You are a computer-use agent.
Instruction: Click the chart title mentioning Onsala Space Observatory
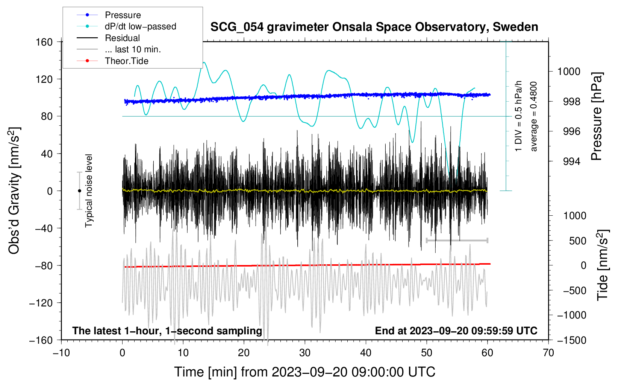click(x=374, y=27)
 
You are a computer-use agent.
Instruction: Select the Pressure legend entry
click(x=123, y=15)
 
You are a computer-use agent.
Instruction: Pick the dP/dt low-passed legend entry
click(x=140, y=26)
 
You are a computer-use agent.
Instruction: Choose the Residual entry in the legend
click(x=122, y=38)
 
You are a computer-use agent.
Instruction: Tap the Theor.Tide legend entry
click(x=126, y=61)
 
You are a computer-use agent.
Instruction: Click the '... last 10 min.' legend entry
click(x=133, y=49)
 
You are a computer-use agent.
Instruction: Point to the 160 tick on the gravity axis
click(x=44, y=42)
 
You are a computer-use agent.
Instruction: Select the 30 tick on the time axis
click(x=305, y=353)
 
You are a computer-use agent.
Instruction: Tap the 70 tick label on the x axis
click(x=548, y=353)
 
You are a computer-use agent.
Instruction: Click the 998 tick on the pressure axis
click(x=569, y=102)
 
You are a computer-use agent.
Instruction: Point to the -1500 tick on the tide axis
click(x=572, y=340)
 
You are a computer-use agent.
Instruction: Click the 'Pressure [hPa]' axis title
click(x=597, y=116)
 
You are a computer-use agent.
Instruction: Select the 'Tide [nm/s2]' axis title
click(x=603, y=265)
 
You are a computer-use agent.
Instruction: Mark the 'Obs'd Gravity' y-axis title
click(x=14, y=190)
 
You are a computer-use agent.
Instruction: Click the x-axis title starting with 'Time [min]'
click(x=305, y=372)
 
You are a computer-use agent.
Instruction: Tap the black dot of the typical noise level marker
click(x=79, y=191)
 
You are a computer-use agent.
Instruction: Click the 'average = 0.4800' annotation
click(x=533, y=116)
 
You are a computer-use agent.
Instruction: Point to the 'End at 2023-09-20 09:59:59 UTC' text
click(x=456, y=331)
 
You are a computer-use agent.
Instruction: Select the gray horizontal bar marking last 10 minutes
click(x=457, y=240)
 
